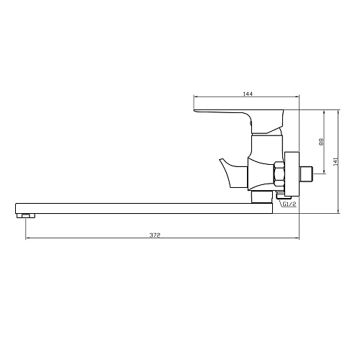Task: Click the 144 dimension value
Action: click(x=248, y=94)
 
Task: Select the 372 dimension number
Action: click(x=155, y=235)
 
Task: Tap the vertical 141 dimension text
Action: click(x=336, y=161)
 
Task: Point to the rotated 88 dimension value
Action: click(x=322, y=142)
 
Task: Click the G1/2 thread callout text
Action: click(x=289, y=204)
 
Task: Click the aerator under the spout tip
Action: click(x=26, y=216)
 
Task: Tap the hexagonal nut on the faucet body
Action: click(x=279, y=174)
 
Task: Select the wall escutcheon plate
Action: click(x=292, y=174)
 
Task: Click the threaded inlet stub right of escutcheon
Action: click(x=307, y=174)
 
